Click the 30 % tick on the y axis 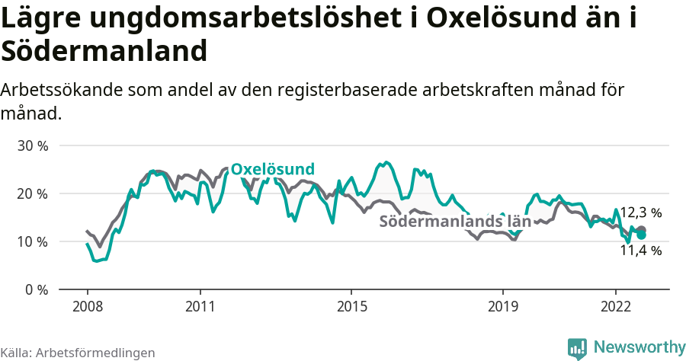(33, 145)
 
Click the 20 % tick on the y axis (33, 193)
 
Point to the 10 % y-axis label (33, 241)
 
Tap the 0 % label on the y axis (37, 289)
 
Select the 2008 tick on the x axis (87, 306)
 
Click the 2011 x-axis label (200, 306)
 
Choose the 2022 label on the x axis (616, 306)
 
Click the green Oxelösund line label (273, 169)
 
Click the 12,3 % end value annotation (640, 212)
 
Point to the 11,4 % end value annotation (640, 250)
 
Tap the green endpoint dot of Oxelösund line (642, 235)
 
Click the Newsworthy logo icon (577, 348)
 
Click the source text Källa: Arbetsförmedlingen (78, 353)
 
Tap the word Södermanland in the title (104, 51)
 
